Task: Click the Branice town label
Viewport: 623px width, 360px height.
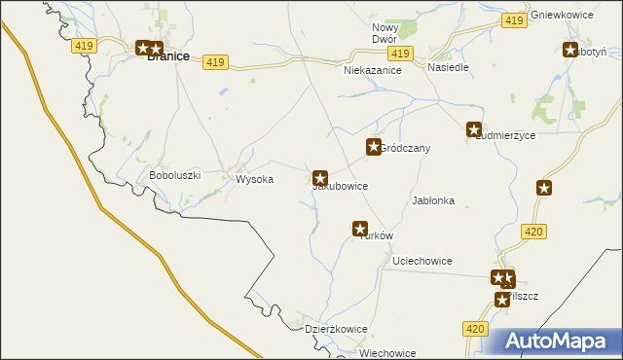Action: [167, 57]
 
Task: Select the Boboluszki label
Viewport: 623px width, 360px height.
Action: [174, 175]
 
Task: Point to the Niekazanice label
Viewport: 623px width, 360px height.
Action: [373, 71]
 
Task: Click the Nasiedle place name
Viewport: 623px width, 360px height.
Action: [449, 68]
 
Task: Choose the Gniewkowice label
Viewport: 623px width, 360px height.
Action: [564, 17]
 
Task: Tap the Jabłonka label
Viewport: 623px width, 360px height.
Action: [433, 200]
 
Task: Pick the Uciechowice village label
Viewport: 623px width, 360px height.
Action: [421, 261]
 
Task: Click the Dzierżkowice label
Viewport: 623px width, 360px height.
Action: [336, 329]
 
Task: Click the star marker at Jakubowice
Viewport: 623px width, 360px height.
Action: [320, 178]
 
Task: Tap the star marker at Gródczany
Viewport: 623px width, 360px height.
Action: [373, 147]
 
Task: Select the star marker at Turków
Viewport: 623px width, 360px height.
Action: [360, 229]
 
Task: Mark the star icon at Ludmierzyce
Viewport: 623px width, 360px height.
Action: [474, 128]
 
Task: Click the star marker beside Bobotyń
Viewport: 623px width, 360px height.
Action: [570, 51]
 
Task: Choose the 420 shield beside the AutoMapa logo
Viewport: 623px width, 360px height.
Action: [474, 330]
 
